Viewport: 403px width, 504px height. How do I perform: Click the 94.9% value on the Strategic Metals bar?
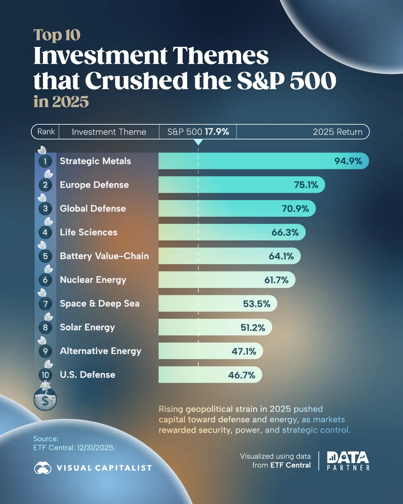[348, 161]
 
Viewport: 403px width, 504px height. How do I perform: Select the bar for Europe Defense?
[242, 185]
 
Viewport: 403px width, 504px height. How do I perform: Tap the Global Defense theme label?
[93, 209]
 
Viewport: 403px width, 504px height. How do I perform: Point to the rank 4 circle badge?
[45, 232]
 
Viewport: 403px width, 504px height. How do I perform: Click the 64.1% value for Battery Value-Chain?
[281, 256]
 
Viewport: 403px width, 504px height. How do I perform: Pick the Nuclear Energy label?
[93, 280]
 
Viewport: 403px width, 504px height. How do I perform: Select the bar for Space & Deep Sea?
[218, 304]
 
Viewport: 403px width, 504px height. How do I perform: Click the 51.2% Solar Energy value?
[253, 328]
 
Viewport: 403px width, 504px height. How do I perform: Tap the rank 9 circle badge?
[45, 351]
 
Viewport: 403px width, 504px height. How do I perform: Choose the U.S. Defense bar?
[210, 375]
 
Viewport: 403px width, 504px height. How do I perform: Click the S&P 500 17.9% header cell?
[198, 132]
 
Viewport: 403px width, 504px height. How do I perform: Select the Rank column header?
[46, 132]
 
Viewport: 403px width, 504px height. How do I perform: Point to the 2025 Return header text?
[338, 132]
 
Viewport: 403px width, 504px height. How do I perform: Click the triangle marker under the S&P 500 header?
[198, 142]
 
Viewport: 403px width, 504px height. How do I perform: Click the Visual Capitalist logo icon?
[43, 468]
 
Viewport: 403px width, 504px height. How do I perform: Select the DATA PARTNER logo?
[348, 461]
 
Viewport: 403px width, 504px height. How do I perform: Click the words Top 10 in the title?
[57, 35]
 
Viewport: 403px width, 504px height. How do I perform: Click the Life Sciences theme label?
[89, 233]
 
